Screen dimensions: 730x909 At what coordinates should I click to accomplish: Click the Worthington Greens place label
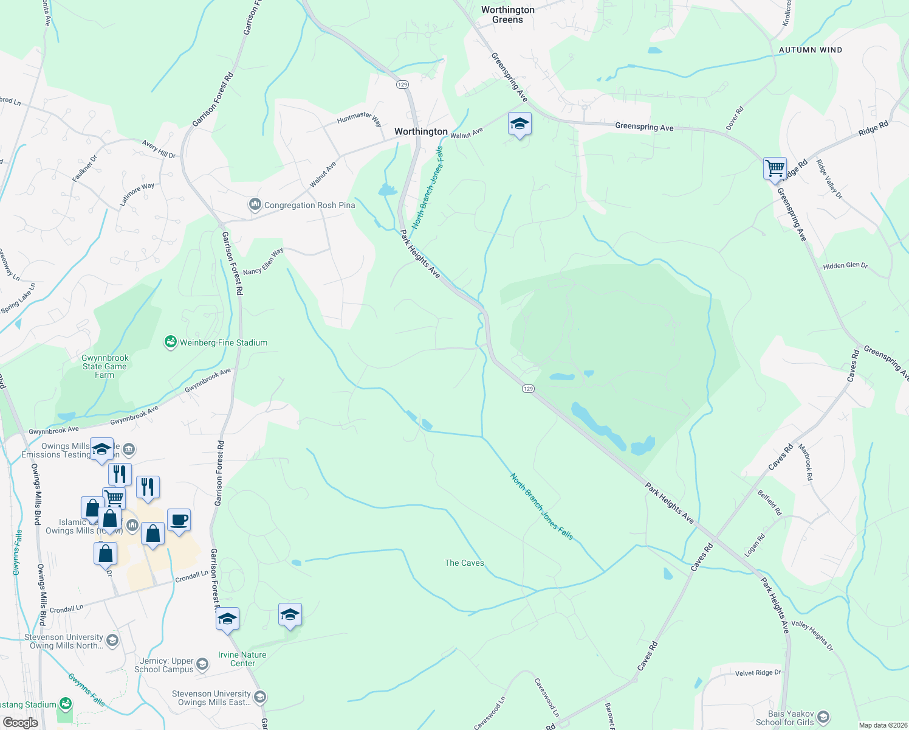tap(507, 15)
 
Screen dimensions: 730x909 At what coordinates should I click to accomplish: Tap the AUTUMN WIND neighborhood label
tap(811, 50)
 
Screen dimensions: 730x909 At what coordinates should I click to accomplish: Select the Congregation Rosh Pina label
tap(309, 205)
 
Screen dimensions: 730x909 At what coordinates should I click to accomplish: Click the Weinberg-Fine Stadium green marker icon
tap(171, 342)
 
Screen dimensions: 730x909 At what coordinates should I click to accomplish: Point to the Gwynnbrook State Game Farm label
tap(105, 366)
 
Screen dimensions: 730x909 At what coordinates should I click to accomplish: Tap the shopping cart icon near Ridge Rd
tap(775, 168)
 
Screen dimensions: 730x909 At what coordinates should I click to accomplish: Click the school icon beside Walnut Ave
tap(520, 124)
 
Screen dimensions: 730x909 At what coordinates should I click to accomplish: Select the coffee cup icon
tap(179, 520)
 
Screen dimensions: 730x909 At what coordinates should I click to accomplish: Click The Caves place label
tap(464, 563)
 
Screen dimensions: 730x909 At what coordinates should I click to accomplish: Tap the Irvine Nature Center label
tap(242, 659)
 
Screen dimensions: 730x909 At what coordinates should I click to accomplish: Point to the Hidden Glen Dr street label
tap(845, 266)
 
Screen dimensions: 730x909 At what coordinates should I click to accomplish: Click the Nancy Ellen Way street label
tap(263, 262)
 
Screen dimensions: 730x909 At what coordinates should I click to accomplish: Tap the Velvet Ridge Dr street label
tap(758, 673)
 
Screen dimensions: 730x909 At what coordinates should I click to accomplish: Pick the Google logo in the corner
tap(21, 723)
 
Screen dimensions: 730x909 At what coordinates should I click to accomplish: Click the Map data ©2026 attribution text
tap(880, 725)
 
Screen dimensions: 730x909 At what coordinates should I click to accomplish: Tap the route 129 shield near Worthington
tap(403, 85)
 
